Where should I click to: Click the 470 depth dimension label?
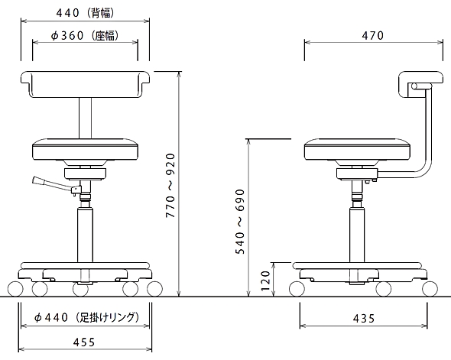[373, 35]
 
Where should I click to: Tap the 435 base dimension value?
[364, 318]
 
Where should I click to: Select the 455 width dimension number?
[84, 342]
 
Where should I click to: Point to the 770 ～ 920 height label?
[170, 186]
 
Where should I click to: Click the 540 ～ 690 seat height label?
[240, 222]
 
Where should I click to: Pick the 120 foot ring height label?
[265, 281]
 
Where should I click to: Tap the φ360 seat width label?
[85, 36]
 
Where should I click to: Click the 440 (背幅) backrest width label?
[86, 13]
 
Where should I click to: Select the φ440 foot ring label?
[86, 317]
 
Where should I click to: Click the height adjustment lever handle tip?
[36, 180]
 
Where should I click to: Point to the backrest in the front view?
[85, 84]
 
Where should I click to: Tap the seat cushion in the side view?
[357, 149]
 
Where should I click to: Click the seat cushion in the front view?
[85, 149]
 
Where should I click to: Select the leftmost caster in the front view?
[15, 289]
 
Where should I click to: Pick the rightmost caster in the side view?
[430, 289]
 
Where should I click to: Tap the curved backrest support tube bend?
[425, 167]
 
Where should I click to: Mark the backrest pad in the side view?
[420, 84]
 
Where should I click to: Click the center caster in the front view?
[80, 289]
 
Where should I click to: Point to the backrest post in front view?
[85, 118]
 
